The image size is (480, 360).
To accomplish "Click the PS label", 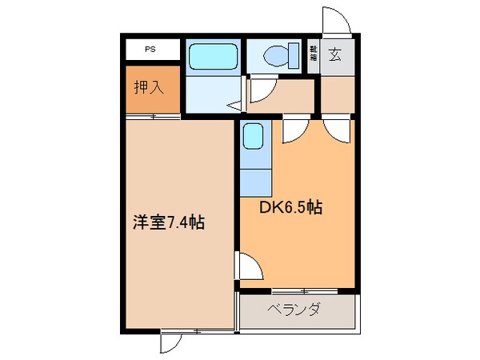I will [150, 50].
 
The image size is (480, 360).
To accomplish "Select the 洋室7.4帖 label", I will [168, 222].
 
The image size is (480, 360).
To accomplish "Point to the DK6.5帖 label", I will [290, 207].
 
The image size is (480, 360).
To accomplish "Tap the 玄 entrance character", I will [335, 56].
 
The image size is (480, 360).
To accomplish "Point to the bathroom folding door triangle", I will [234, 105].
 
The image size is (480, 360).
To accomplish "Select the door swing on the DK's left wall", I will [247, 264].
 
